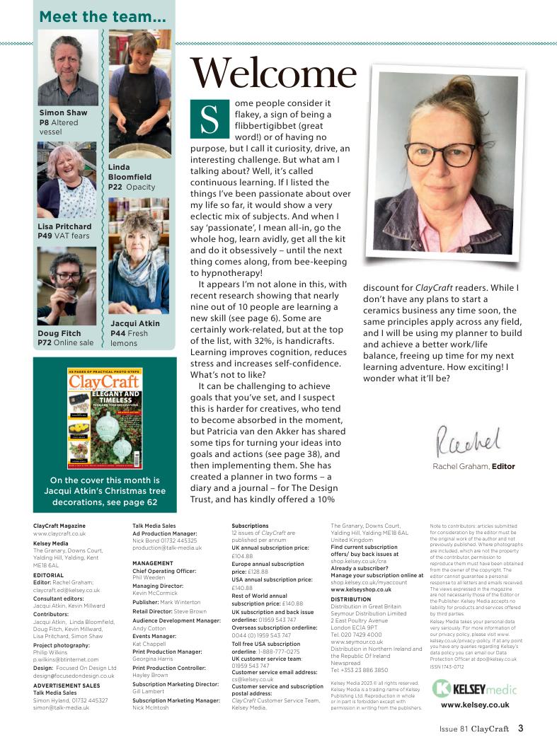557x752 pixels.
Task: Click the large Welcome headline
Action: point(273,74)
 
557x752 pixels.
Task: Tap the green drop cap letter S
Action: point(209,118)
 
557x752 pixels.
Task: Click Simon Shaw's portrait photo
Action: point(67,68)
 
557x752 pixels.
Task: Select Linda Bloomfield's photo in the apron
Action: point(139,93)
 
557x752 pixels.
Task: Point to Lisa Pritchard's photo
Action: point(67,180)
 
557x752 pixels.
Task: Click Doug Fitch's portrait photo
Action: point(67,286)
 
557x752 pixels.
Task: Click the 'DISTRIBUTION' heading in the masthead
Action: point(351,599)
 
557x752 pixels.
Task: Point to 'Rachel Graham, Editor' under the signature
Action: point(473,466)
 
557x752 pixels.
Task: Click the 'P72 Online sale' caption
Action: point(65,343)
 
